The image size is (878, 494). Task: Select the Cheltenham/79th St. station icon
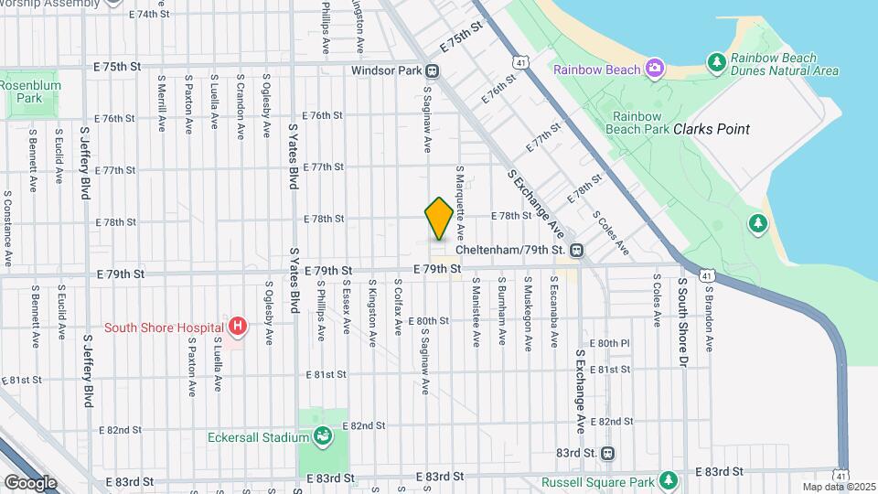(577, 250)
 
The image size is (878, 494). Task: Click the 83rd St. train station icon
(608, 453)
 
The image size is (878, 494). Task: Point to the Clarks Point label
(711, 129)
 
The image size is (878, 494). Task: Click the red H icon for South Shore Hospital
(238, 327)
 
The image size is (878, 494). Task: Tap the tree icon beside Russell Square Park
(669, 481)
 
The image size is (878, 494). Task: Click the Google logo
(30, 482)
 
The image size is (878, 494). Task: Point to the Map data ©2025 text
(840, 487)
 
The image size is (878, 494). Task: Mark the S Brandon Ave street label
(709, 317)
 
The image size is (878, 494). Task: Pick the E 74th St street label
(149, 15)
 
